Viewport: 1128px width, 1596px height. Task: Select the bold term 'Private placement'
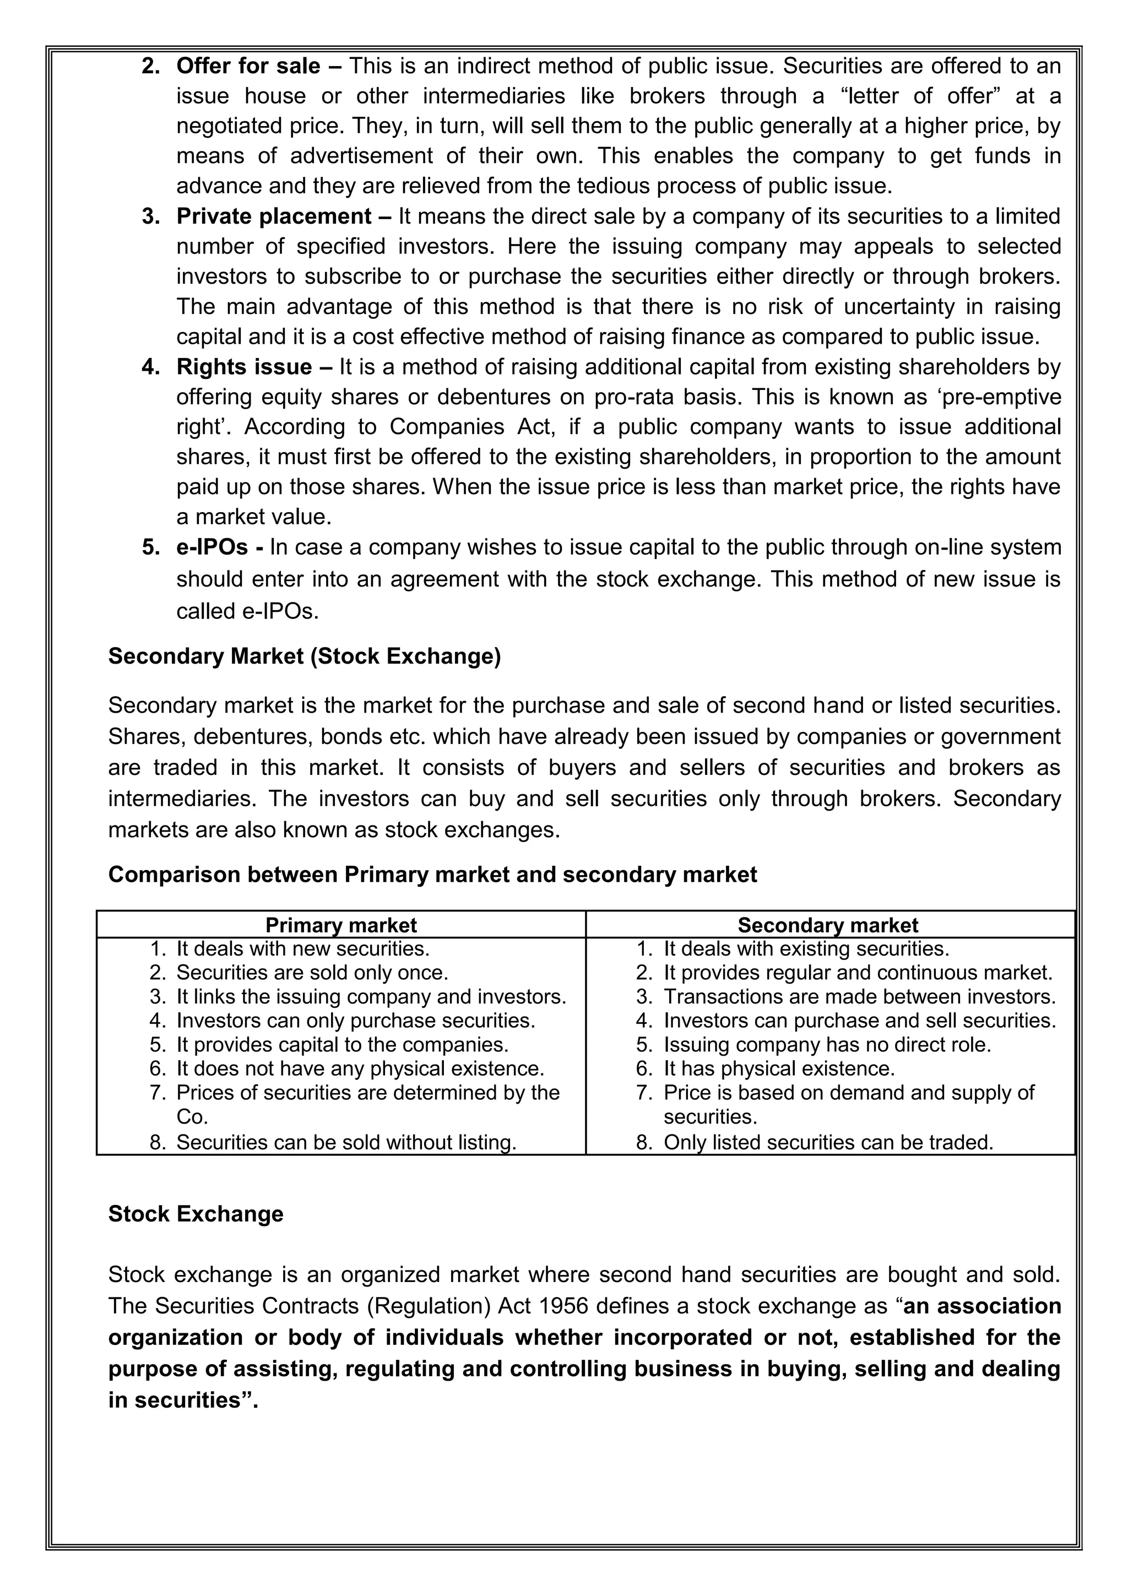[274, 216]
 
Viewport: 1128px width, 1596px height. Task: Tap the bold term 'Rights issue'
[244, 366]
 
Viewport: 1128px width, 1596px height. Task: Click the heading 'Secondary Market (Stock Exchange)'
[305, 656]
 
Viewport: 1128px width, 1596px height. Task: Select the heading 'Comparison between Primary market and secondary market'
[432, 874]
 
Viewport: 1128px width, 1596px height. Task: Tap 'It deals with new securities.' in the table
[303, 948]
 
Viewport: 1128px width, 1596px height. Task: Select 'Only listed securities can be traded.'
[828, 1142]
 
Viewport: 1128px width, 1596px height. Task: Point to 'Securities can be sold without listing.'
[346, 1142]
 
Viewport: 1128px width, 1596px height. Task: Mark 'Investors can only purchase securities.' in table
[356, 1020]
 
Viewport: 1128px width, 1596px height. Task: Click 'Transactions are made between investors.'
[859, 996]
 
